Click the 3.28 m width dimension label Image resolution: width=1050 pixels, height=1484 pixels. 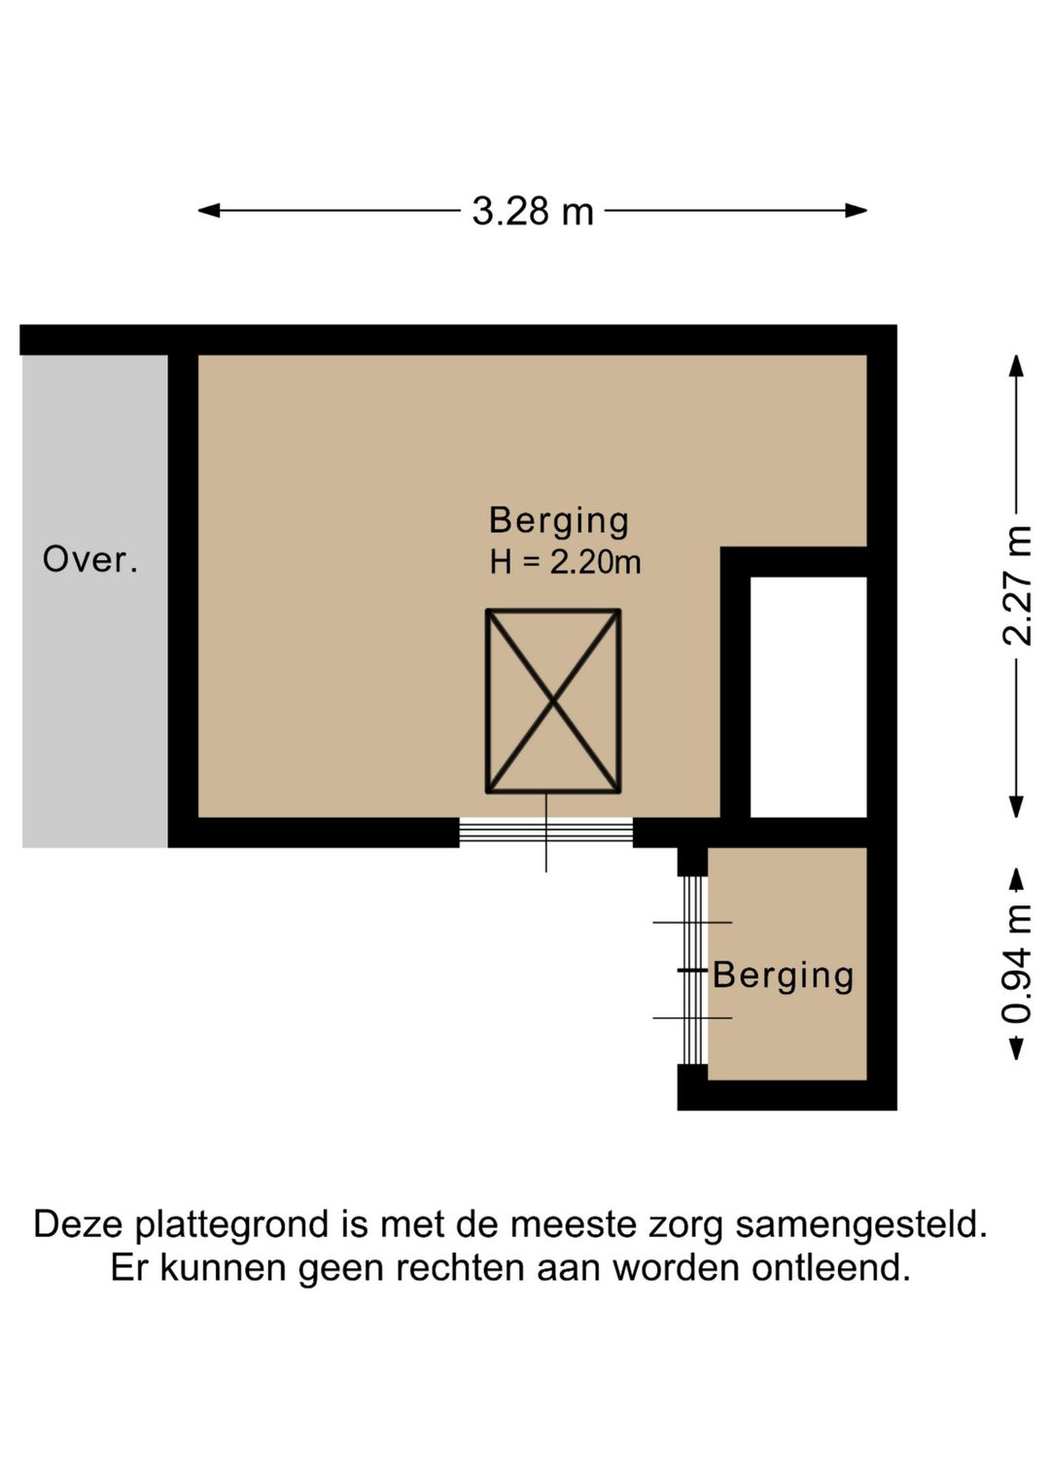(533, 211)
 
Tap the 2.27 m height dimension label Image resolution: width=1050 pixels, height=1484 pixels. (1017, 585)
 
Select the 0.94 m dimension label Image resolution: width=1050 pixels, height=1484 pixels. (1017, 964)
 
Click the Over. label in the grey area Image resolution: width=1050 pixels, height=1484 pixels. (90, 559)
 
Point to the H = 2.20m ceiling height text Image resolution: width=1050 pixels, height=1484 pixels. (565, 562)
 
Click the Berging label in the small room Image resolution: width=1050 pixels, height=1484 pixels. (784, 975)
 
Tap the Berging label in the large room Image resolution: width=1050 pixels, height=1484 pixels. (559, 520)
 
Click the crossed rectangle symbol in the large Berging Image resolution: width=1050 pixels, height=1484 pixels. (553, 700)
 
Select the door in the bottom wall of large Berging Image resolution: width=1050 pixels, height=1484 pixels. (545, 832)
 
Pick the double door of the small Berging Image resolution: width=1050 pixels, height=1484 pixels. (692, 971)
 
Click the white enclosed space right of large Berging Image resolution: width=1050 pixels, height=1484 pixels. (808, 696)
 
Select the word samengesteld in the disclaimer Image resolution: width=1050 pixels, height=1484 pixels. (860, 1223)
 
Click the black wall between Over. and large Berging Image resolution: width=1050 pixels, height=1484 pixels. (183, 593)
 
